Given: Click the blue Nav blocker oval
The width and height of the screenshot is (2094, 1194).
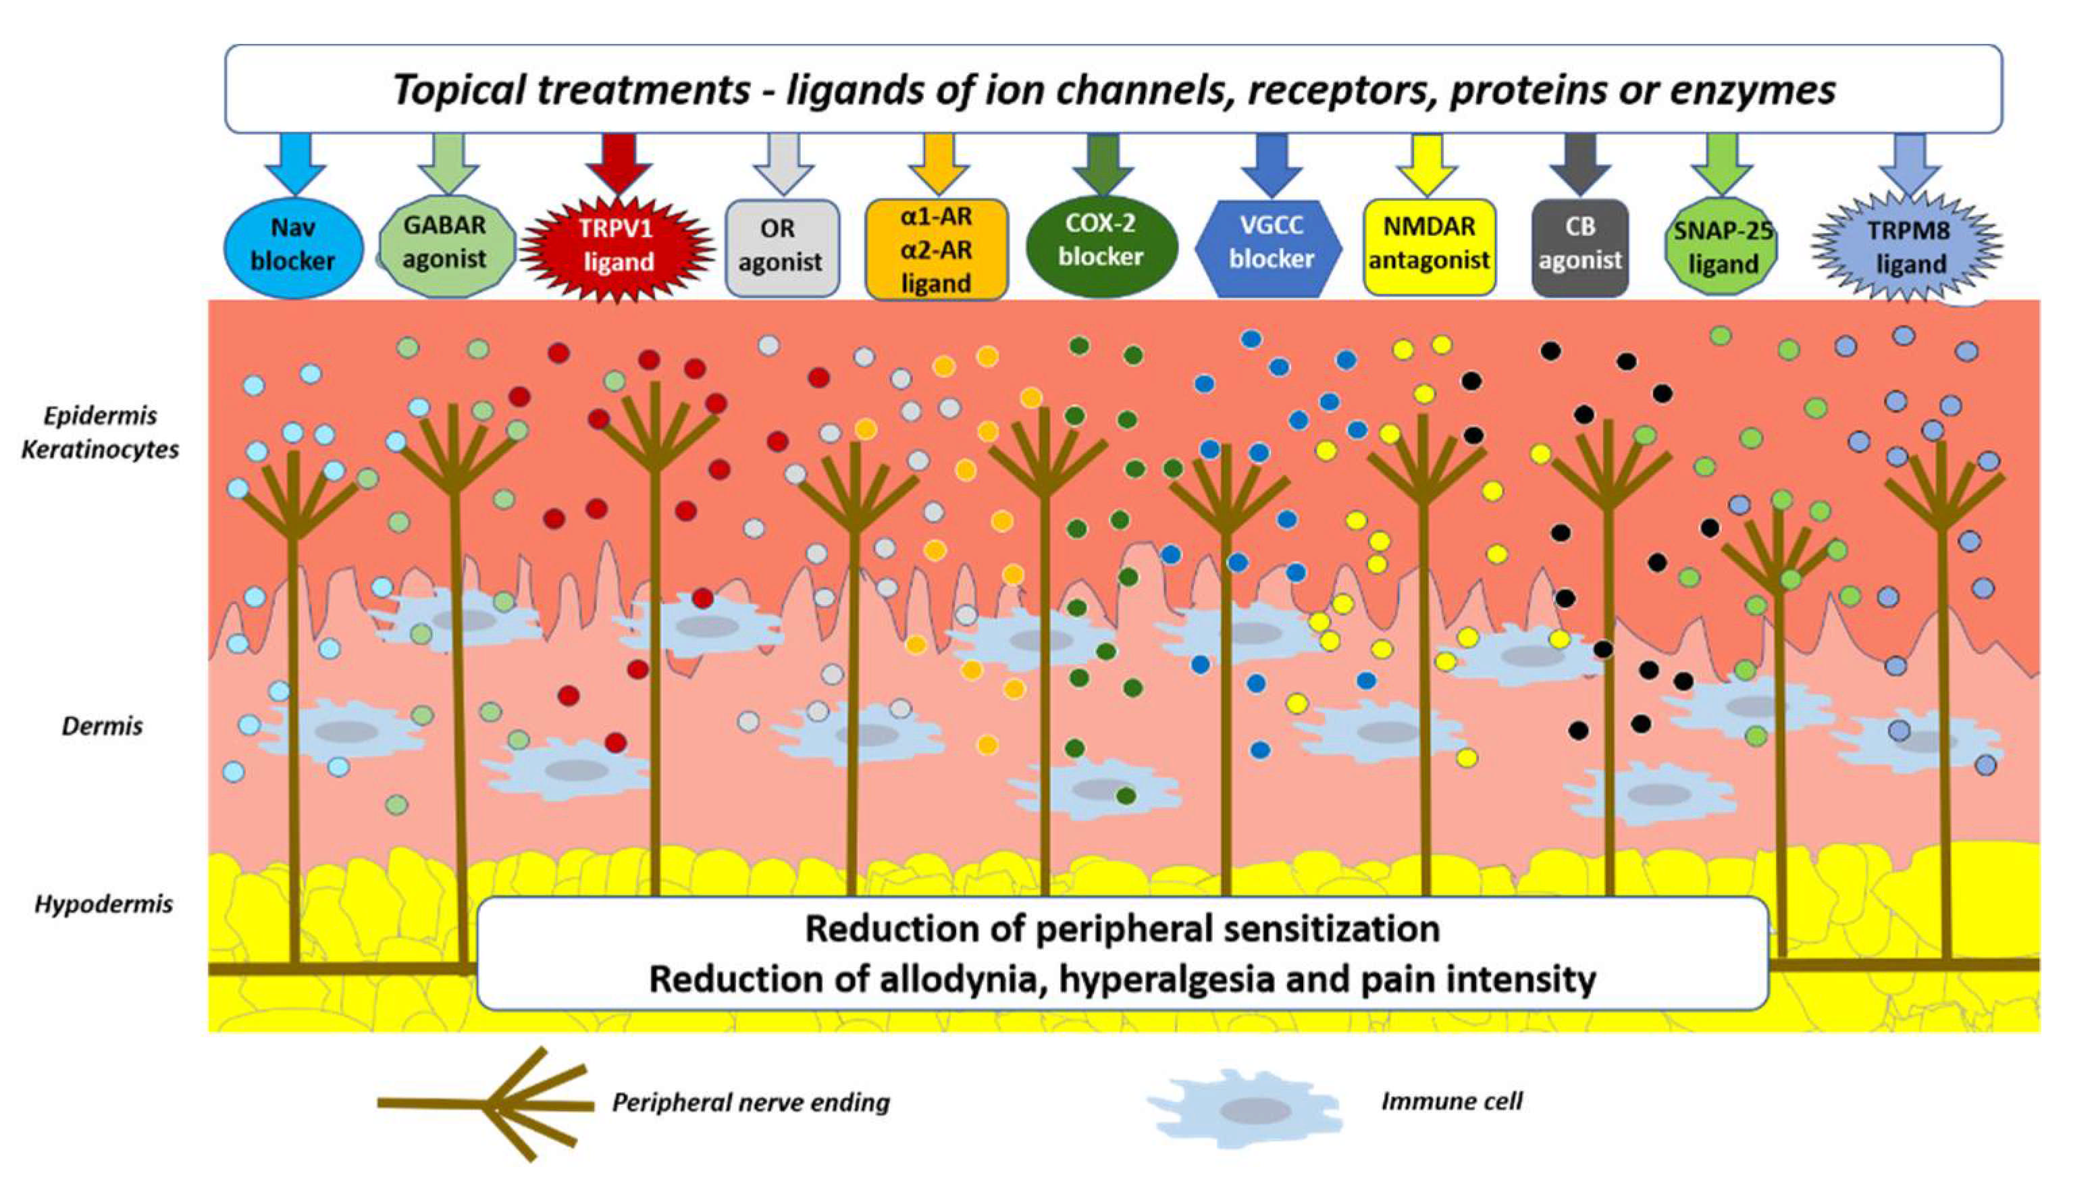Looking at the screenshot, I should (x=292, y=244).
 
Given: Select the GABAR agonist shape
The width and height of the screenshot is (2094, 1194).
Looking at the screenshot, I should (x=445, y=244).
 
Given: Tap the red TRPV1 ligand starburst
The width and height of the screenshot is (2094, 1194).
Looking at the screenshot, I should (x=618, y=245).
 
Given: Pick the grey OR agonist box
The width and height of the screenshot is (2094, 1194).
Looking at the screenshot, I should (x=781, y=246).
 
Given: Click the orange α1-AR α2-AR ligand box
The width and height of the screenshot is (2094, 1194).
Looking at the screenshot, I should (x=935, y=249).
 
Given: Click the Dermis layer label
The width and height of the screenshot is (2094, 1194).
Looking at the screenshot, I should (x=103, y=726).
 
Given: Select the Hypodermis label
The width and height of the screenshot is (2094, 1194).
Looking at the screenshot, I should (x=104, y=904).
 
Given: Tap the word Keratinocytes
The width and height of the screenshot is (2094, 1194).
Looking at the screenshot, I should (x=100, y=449).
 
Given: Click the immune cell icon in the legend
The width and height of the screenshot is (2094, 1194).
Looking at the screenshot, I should (x=1244, y=1110).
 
